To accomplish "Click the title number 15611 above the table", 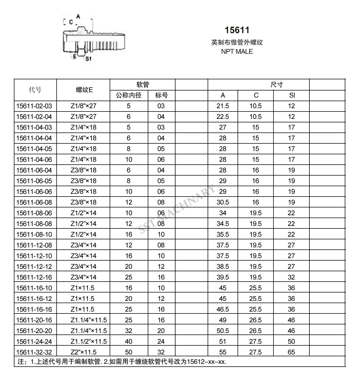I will point(237,30).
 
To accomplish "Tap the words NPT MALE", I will point(237,52).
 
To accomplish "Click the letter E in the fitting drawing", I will point(74,56).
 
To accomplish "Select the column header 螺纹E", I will point(84,90).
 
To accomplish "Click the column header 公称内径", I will point(129,95).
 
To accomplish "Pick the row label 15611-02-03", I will point(34,106).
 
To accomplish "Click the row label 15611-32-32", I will point(34,352).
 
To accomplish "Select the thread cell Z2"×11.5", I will point(84,352).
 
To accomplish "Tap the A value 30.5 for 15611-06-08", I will point(223,202).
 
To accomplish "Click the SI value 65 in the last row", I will point(291,352).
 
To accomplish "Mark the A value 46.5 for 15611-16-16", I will point(223,309).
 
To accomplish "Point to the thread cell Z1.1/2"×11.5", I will point(89,342).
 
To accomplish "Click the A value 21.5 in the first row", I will point(223,106).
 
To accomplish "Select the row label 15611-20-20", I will point(34,331).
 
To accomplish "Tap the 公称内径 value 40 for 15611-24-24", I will point(128,342).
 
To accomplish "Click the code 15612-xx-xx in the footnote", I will point(207,362).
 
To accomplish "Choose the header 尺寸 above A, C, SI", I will point(276,85).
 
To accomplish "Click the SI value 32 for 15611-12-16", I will point(291,277).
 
